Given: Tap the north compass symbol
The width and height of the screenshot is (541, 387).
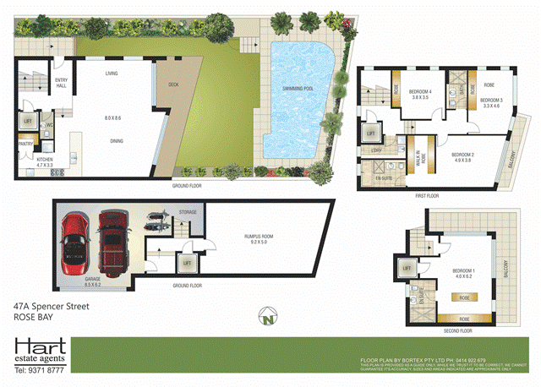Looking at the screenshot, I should (x=270, y=320).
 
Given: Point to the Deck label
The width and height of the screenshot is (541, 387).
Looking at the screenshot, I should (x=173, y=84).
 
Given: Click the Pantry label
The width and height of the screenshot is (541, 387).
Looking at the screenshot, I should (x=25, y=144).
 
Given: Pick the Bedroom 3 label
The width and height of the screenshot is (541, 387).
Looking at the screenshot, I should (x=491, y=102).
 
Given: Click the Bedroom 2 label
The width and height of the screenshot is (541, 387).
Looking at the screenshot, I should (x=462, y=157).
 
